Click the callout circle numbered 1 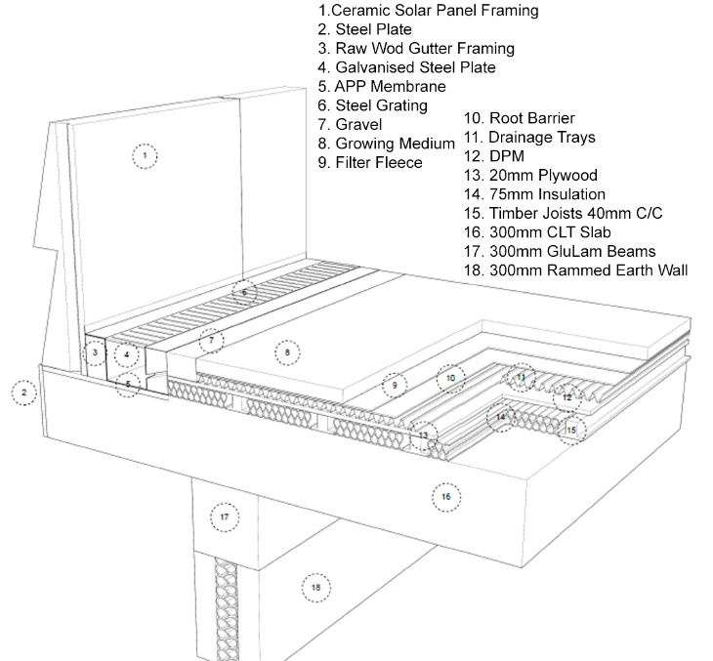point(144,155)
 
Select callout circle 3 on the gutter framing point(95,351)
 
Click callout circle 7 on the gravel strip point(211,341)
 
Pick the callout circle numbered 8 point(286,351)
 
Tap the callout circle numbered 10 point(450,377)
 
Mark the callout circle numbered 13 point(424,435)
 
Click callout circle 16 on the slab point(446,497)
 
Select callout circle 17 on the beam point(224,516)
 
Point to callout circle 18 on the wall point(315,588)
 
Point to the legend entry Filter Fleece point(370,162)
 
